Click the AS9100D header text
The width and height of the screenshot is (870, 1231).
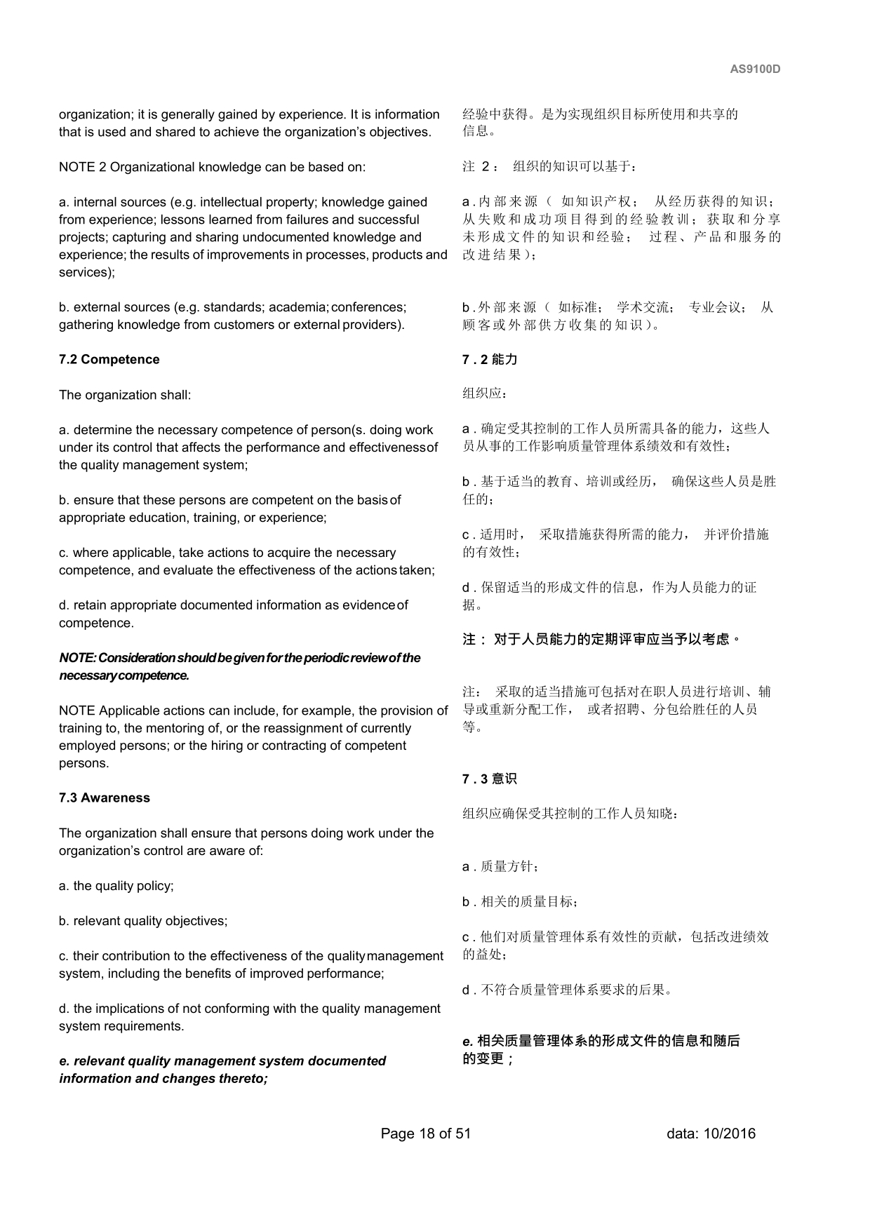(x=755, y=69)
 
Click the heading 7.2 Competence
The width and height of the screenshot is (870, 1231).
(x=109, y=360)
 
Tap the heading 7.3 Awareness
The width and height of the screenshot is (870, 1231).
(x=105, y=798)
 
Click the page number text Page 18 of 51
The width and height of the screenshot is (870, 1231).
(x=426, y=1134)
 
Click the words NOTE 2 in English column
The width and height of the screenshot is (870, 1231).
(x=83, y=167)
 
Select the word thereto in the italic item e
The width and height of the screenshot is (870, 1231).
(x=243, y=1079)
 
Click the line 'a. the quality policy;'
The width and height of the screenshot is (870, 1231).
(x=116, y=886)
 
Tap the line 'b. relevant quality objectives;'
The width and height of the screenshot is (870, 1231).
(x=143, y=921)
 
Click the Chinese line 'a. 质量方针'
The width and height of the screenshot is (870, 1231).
(x=500, y=867)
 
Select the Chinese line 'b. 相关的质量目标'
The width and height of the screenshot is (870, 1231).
(x=520, y=902)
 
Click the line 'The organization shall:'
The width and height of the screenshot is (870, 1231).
(x=125, y=395)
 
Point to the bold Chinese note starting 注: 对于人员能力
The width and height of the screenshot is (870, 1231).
(x=602, y=640)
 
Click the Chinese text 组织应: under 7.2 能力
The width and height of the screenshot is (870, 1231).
(x=485, y=393)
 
